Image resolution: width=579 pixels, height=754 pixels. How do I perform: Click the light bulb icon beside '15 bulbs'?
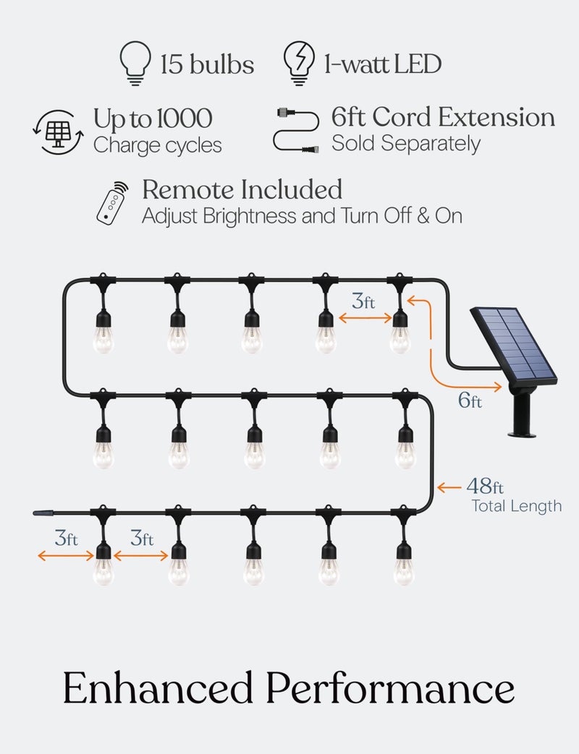135,63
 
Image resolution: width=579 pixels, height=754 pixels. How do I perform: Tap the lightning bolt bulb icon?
299,63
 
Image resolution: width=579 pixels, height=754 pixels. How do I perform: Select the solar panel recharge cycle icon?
58,132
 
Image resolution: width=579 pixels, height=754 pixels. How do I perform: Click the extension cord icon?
296,130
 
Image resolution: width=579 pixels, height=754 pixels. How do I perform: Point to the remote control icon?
113,203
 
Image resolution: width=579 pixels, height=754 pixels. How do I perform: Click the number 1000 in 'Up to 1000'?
185,119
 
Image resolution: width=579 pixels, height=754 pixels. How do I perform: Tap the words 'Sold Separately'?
406,144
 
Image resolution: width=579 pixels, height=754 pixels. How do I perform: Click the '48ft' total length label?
485,486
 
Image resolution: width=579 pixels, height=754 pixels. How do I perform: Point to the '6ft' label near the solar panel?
470,400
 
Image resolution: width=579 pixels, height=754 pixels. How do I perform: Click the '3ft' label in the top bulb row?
363,301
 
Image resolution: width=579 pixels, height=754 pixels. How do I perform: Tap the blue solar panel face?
514,342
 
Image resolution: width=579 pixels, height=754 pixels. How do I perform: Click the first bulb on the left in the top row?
103,331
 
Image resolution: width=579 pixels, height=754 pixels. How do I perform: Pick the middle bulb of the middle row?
254,447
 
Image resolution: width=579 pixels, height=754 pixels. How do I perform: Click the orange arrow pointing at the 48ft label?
449,487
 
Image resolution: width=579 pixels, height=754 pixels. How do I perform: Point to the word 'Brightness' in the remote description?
250,216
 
